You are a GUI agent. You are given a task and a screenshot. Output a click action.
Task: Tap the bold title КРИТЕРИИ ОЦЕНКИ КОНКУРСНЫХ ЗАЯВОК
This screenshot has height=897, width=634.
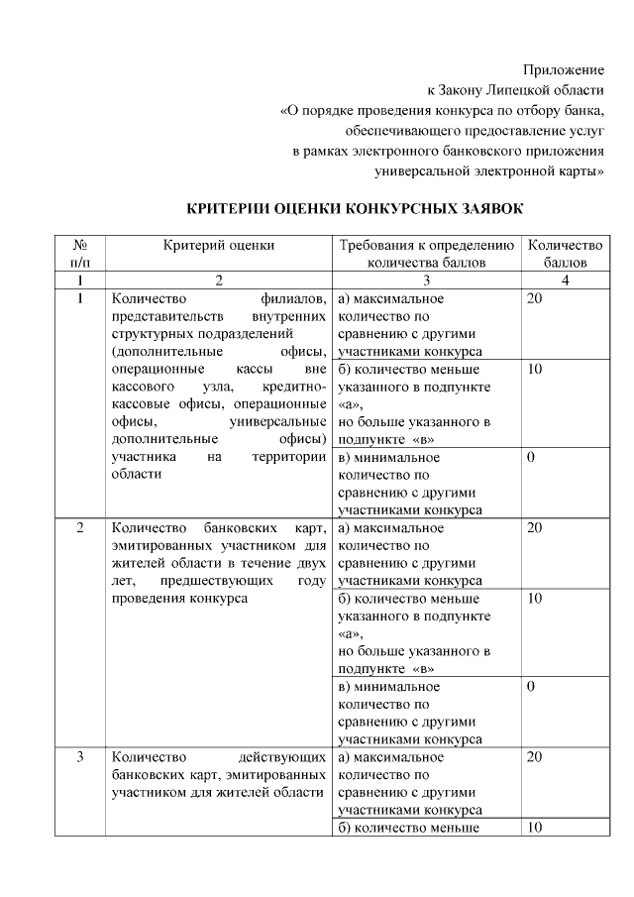click(355, 209)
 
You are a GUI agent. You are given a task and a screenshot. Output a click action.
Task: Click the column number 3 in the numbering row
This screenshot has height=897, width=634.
click(427, 280)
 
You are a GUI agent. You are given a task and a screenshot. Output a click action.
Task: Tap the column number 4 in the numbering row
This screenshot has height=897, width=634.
click(565, 280)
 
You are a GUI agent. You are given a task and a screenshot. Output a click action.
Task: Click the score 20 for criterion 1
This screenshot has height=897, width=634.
click(535, 298)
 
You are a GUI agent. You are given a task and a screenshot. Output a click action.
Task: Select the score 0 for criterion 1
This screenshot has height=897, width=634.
click(531, 458)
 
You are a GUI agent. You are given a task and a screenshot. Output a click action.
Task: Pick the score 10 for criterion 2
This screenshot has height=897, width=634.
click(535, 599)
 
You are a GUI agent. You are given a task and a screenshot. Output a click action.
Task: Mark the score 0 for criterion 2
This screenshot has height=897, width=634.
click(531, 686)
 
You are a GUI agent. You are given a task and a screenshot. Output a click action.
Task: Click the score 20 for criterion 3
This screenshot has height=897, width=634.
click(535, 757)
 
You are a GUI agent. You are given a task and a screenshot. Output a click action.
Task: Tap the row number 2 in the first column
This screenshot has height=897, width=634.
click(80, 527)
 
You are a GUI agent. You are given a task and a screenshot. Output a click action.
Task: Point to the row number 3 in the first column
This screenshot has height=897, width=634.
click(80, 757)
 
